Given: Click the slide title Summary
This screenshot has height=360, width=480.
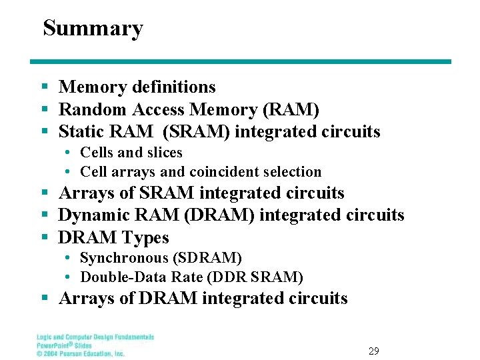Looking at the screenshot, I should (x=93, y=29).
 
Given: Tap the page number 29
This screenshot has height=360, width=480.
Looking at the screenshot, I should (x=374, y=350).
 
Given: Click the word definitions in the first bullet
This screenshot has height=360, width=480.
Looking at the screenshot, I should (x=174, y=87).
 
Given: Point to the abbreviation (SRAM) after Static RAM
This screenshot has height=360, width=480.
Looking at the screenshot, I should (x=197, y=132).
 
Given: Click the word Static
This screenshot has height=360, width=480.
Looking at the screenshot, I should (x=78, y=132).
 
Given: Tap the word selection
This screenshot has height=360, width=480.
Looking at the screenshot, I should (x=290, y=172).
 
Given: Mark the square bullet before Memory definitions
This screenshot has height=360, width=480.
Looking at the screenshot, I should (x=44, y=87).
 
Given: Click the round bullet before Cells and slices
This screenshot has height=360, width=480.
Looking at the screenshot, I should (x=69, y=153).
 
